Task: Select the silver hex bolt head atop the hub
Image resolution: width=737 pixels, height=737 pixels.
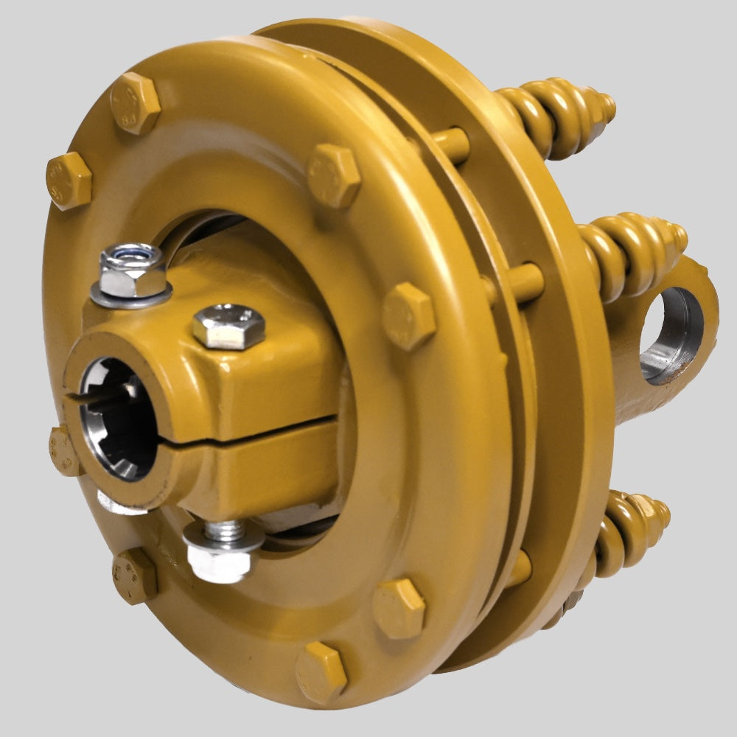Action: tap(228, 326)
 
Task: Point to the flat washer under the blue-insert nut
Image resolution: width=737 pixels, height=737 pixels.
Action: tap(131, 293)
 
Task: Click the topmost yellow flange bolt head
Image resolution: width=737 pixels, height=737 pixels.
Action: tap(135, 102)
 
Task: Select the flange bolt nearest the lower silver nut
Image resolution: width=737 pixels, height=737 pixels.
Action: tap(135, 575)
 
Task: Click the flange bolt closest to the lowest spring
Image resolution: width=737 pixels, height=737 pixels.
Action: tap(399, 608)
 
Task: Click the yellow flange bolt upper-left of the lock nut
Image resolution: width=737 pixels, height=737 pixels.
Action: tap(69, 181)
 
